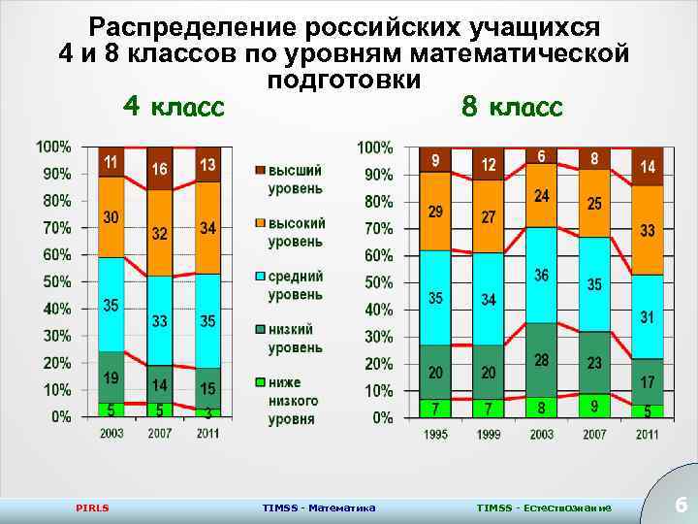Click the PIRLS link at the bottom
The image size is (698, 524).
coord(93,508)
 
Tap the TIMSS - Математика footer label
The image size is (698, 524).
coord(320,508)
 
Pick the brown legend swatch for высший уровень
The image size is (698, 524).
coord(260,172)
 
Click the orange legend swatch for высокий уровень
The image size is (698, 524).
coord(260,223)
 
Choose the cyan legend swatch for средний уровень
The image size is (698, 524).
coord(260,277)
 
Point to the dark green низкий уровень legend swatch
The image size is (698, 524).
coord(260,330)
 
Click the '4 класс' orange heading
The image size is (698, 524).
coord(174,106)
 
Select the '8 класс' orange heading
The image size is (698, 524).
coord(512,106)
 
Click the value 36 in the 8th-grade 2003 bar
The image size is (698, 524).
coord(541,276)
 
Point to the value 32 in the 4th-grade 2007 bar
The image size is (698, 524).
coord(159,234)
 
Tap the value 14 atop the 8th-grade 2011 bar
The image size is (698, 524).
coord(647,167)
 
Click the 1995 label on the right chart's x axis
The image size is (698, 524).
coord(435,435)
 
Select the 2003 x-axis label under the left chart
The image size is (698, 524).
coord(111,433)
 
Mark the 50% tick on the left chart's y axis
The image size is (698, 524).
coord(54,281)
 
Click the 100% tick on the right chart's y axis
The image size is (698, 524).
coord(375,147)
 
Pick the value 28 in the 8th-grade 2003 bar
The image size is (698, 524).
coord(541,360)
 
